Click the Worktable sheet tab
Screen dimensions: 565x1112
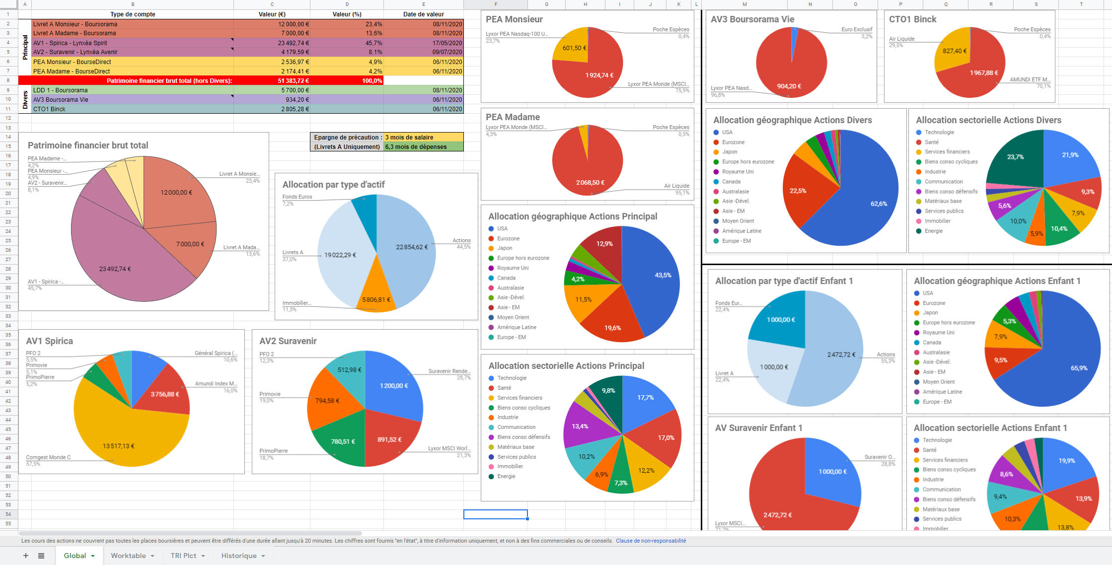(x=128, y=556)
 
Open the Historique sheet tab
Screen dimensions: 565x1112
(x=239, y=556)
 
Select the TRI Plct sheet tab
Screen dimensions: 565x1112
(x=183, y=556)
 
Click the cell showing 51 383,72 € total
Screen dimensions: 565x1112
(x=272, y=80)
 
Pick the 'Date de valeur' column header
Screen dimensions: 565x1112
(x=423, y=14)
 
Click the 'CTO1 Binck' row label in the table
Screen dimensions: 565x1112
(x=50, y=109)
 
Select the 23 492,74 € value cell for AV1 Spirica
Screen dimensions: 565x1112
(x=272, y=43)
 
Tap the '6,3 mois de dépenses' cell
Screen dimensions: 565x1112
(x=423, y=147)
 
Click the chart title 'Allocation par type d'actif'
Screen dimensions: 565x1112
(x=333, y=185)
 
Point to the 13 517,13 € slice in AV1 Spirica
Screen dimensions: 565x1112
(x=119, y=437)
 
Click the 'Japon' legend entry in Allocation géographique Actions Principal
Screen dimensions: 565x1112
(x=505, y=248)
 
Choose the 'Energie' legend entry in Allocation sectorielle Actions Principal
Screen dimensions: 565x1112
(x=506, y=476)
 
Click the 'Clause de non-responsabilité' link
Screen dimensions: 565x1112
(x=651, y=541)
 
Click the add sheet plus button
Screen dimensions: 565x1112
(x=26, y=556)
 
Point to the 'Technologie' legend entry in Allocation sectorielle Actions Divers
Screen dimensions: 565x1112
(x=939, y=133)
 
